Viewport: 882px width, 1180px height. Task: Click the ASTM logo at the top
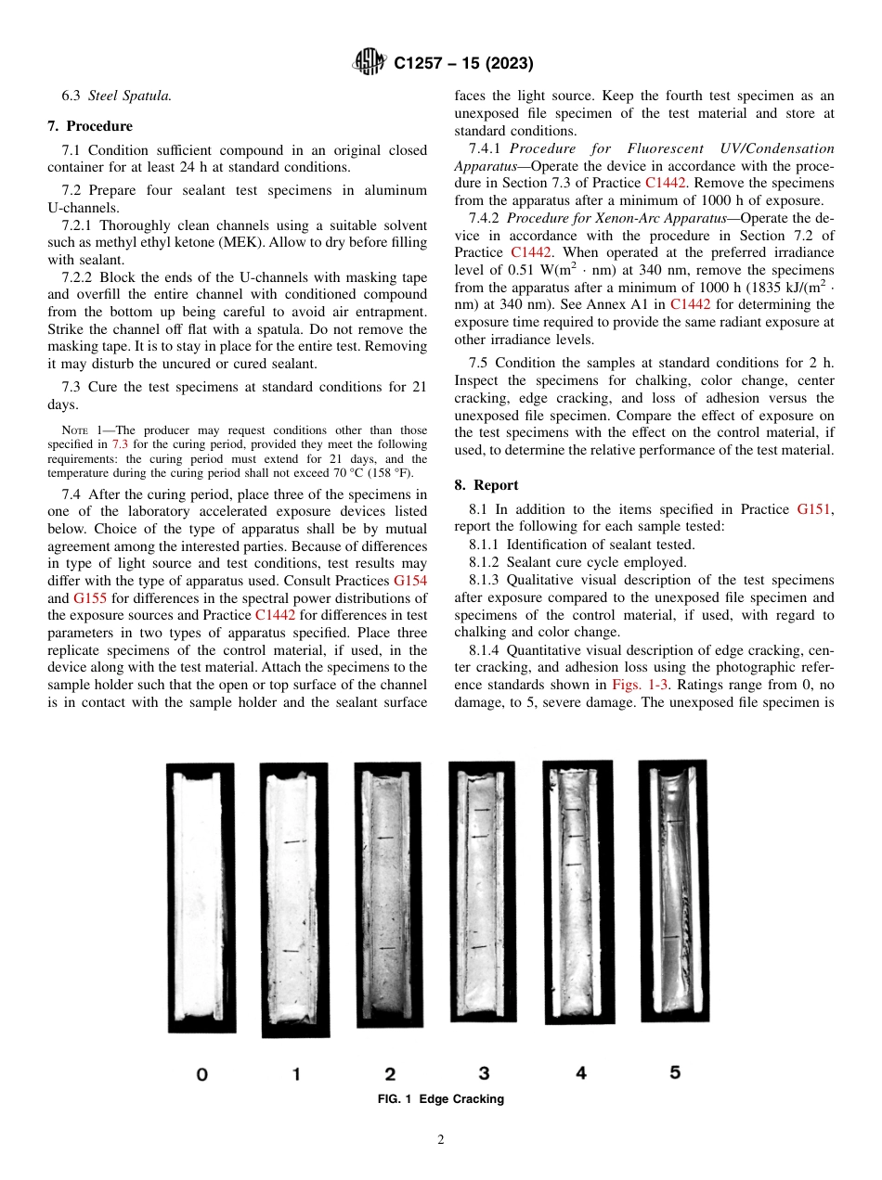coord(370,63)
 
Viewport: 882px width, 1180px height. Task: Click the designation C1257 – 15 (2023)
coord(462,64)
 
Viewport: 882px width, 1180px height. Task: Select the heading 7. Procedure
coord(90,126)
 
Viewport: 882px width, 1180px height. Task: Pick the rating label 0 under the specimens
coord(201,1074)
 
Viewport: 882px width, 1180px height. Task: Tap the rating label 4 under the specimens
coord(580,1072)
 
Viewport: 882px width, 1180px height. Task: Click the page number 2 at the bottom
coord(441,1140)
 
